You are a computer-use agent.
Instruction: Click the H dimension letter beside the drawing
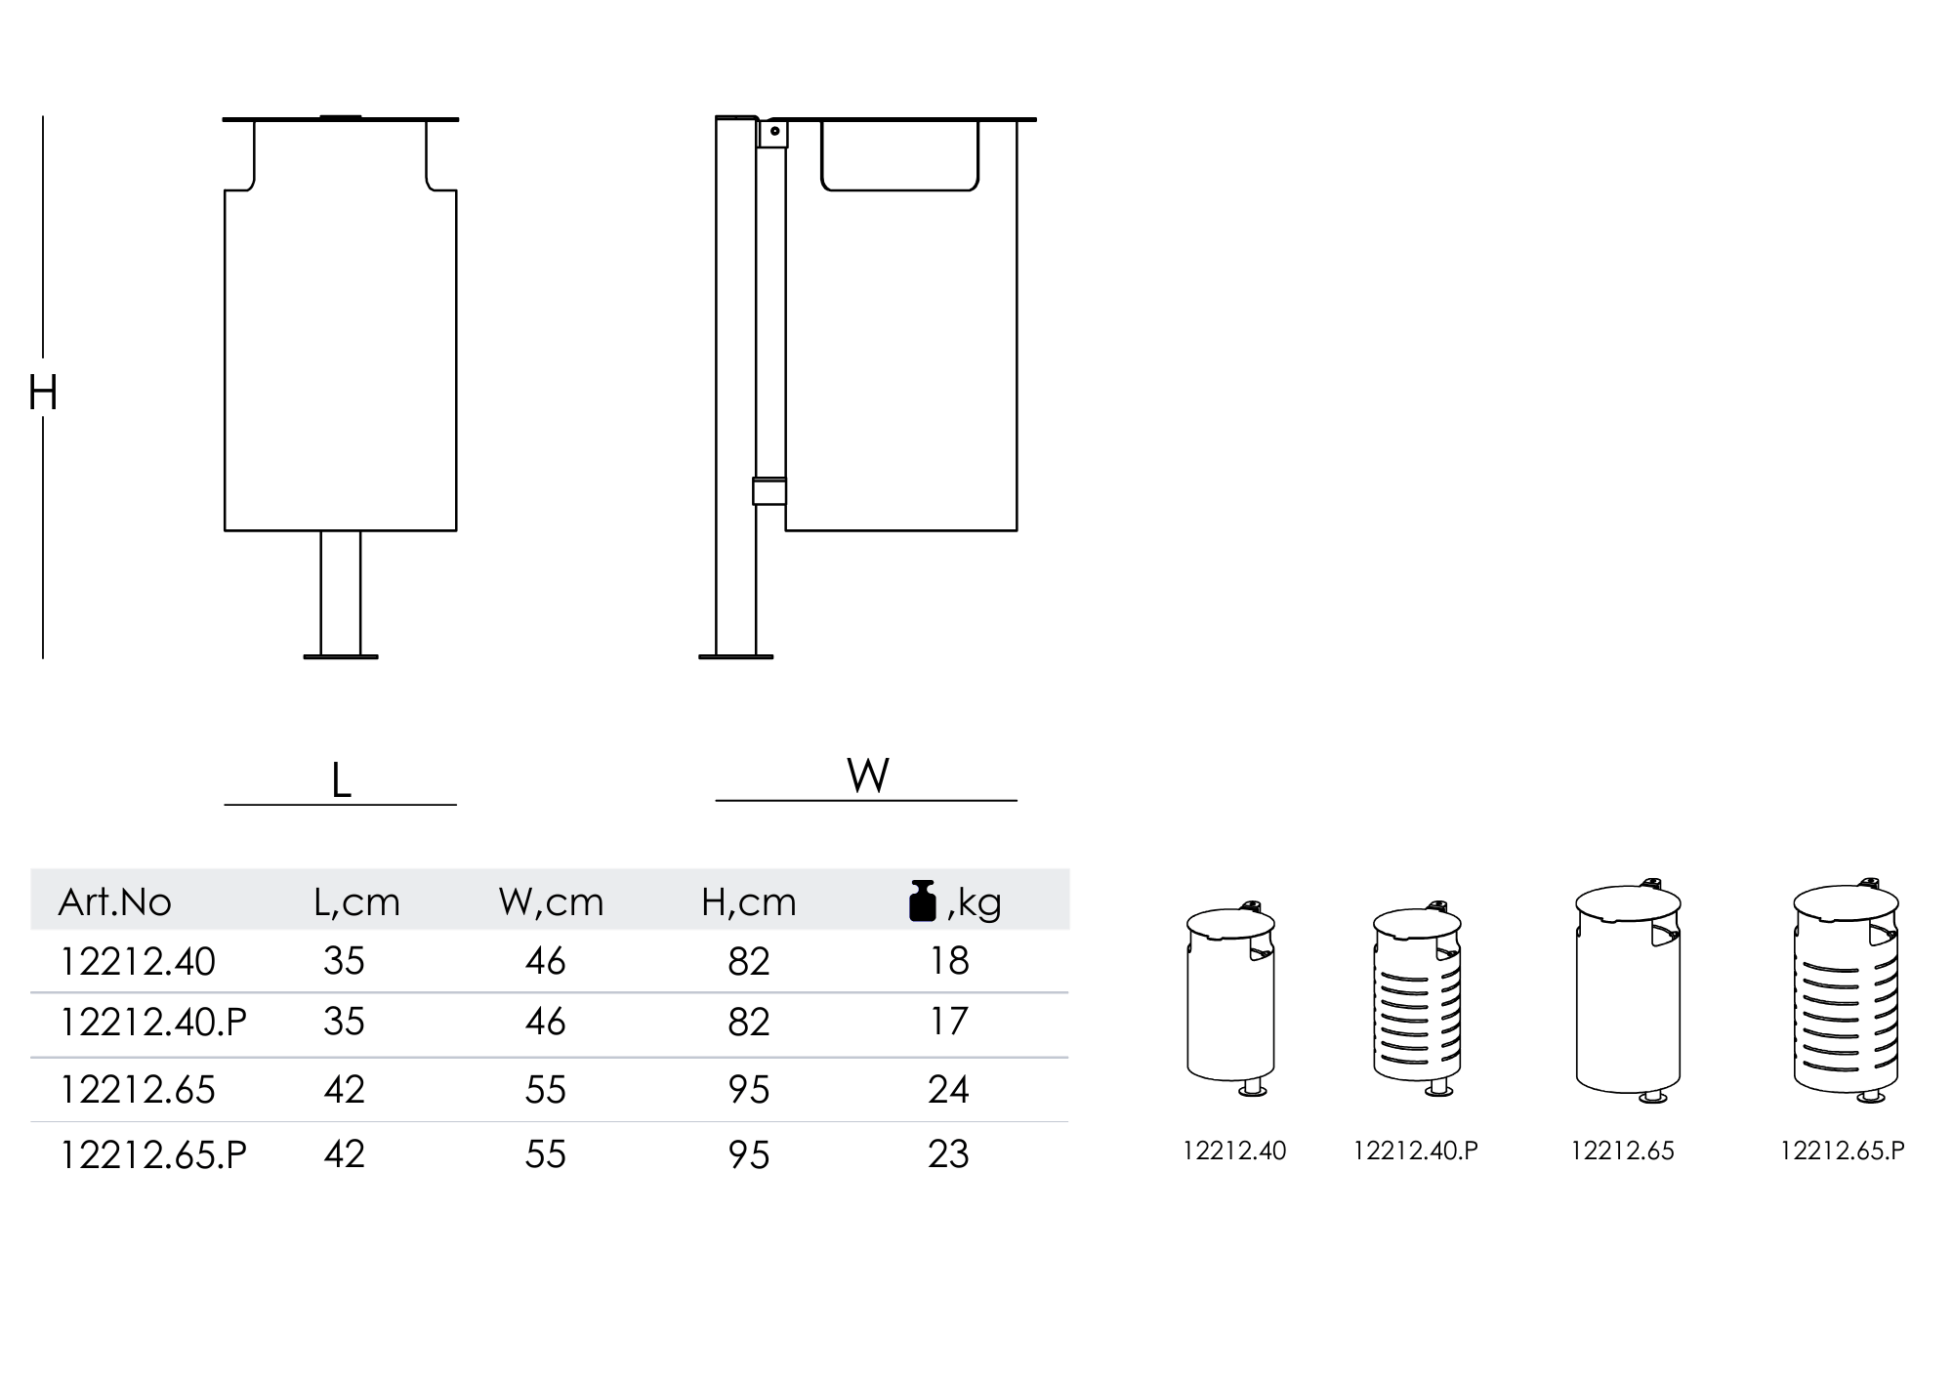click(x=43, y=393)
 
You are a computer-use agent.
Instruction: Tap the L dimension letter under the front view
click(x=341, y=780)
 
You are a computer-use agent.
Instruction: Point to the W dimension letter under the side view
click(x=868, y=775)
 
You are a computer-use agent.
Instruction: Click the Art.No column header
click(x=115, y=901)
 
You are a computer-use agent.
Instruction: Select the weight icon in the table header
click(x=923, y=900)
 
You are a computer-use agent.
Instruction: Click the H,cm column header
click(x=749, y=901)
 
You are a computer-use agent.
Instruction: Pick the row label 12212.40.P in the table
click(x=153, y=1022)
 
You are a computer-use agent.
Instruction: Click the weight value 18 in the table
click(x=949, y=961)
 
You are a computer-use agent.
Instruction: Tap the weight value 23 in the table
click(x=948, y=1153)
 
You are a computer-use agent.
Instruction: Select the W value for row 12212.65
click(x=545, y=1089)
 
